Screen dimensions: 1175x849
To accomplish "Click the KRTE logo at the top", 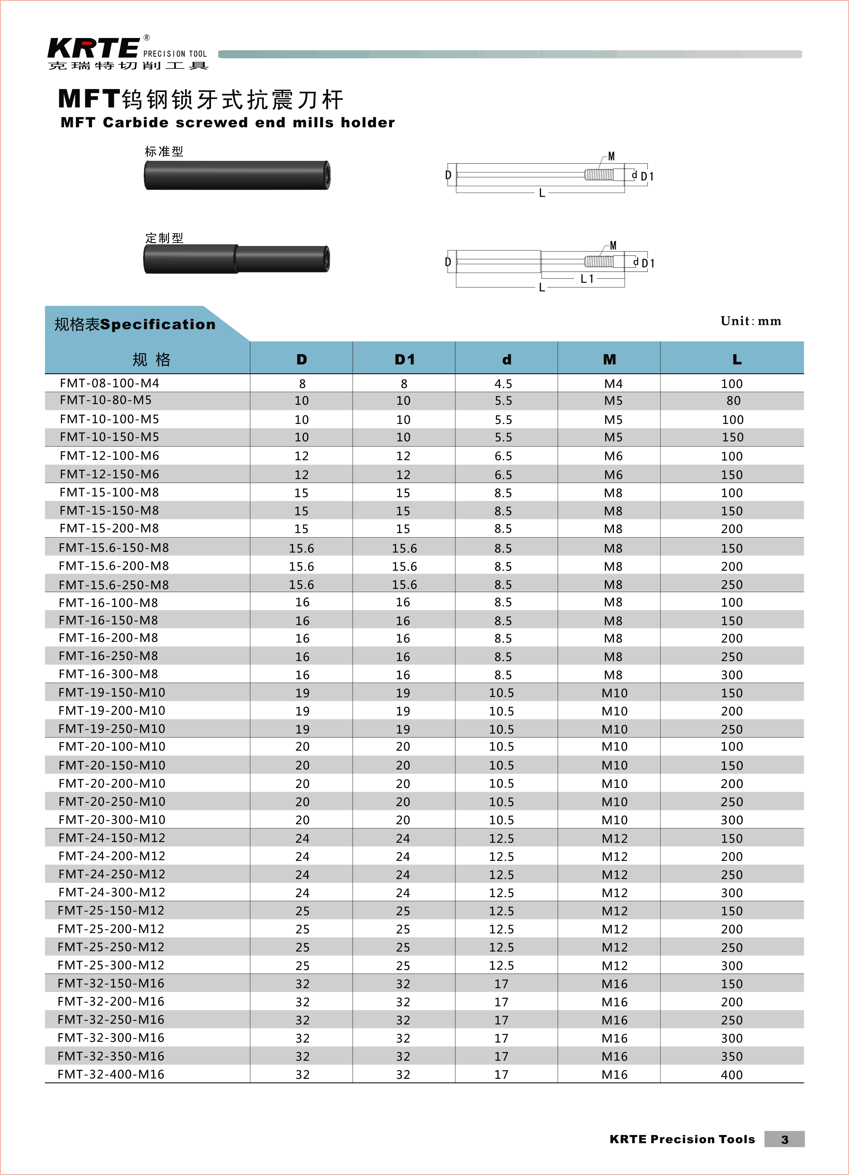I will pyautogui.click(x=93, y=48).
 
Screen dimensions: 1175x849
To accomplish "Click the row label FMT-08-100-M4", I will pyautogui.click(x=109, y=383).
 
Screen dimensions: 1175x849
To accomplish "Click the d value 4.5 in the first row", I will pyautogui.click(x=503, y=384).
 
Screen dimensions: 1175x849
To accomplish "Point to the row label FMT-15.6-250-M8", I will pyautogui.click(x=114, y=585).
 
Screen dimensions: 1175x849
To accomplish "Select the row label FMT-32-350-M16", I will pyautogui.click(x=111, y=1056).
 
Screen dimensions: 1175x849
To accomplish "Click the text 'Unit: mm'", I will pyautogui.click(x=750, y=321).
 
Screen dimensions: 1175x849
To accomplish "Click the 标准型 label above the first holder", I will pyautogui.click(x=164, y=151).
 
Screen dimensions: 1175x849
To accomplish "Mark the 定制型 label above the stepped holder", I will pyautogui.click(x=164, y=238).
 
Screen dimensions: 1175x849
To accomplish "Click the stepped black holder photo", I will pyautogui.click(x=237, y=259).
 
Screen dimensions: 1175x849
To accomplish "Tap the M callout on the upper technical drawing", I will pyautogui.click(x=611, y=156).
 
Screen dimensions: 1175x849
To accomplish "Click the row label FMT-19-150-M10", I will pyautogui.click(x=112, y=693).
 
